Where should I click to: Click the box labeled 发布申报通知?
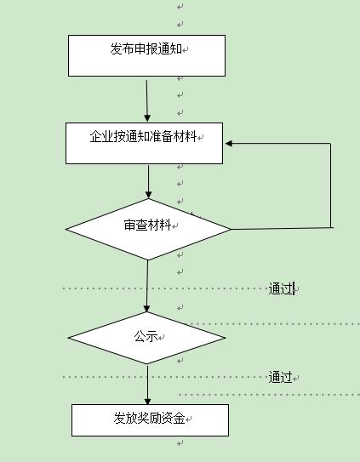pos(146,55)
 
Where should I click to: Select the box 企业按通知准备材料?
pos(144,143)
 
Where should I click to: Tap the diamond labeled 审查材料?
pos(148,229)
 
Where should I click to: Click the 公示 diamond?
pos(147,338)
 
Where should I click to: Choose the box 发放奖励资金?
pos(150,420)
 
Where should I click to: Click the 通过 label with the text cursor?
pos(281,288)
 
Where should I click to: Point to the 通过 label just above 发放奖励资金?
pos(280,377)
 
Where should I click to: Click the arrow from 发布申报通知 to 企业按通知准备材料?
pos(147,100)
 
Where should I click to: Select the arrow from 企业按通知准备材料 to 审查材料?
pos(148,181)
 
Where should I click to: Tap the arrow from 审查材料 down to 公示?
pos(147,286)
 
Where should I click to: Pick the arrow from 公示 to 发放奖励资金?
pos(147,385)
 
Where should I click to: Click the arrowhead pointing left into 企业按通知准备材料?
pos(229,144)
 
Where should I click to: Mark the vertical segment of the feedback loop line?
pos(330,185)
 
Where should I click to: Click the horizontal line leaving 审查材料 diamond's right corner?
pos(282,228)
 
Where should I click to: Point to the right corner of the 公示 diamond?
pos(226,338)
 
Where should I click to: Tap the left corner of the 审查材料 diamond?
pos(66,229)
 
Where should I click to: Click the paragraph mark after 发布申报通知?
pos(186,50)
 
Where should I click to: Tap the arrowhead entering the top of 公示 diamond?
pos(147,309)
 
